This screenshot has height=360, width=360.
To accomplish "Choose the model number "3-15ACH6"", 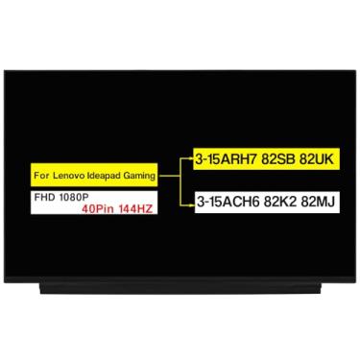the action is [x=223, y=201].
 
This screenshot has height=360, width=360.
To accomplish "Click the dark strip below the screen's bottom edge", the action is [x=180, y=285].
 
